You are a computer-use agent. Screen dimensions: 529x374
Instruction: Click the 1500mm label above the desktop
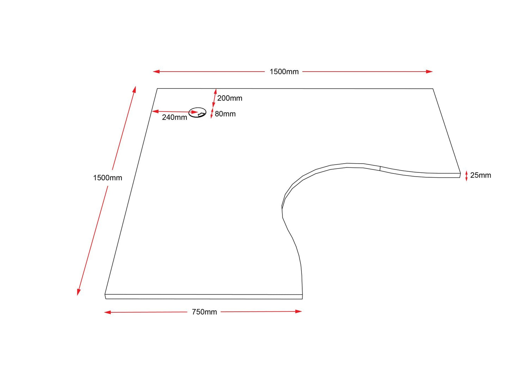click(284, 72)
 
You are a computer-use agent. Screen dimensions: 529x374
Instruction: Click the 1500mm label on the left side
click(108, 178)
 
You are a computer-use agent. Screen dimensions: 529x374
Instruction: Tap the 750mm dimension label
click(204, 312)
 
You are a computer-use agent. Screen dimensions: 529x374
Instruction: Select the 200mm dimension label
click(230, 98)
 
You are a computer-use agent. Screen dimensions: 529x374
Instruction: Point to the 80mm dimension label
click(225, 114)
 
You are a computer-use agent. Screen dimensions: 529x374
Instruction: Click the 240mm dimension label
click(175, 117)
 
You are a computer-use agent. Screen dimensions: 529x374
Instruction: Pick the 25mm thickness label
click(481, 175)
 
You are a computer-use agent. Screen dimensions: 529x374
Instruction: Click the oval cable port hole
click(197, 113)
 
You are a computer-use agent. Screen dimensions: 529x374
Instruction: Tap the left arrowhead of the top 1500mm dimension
click(156, 72)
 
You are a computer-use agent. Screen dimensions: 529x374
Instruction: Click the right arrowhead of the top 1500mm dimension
click(429, 72)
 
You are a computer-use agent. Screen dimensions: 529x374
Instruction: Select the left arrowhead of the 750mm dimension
click(108, 312)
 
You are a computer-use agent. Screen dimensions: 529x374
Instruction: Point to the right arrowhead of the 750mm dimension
click(298, 311)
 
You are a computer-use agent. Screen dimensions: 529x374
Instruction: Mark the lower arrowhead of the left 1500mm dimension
click(79, 292)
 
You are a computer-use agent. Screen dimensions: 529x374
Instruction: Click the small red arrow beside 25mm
click(467, 176)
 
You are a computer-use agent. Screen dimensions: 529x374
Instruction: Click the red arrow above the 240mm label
click(175, 112)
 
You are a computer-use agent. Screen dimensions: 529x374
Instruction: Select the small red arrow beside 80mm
click(212, 113)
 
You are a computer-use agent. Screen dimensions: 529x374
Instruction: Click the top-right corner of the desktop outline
click(433, 89)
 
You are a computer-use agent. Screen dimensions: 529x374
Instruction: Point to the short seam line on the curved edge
click(380, 168)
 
